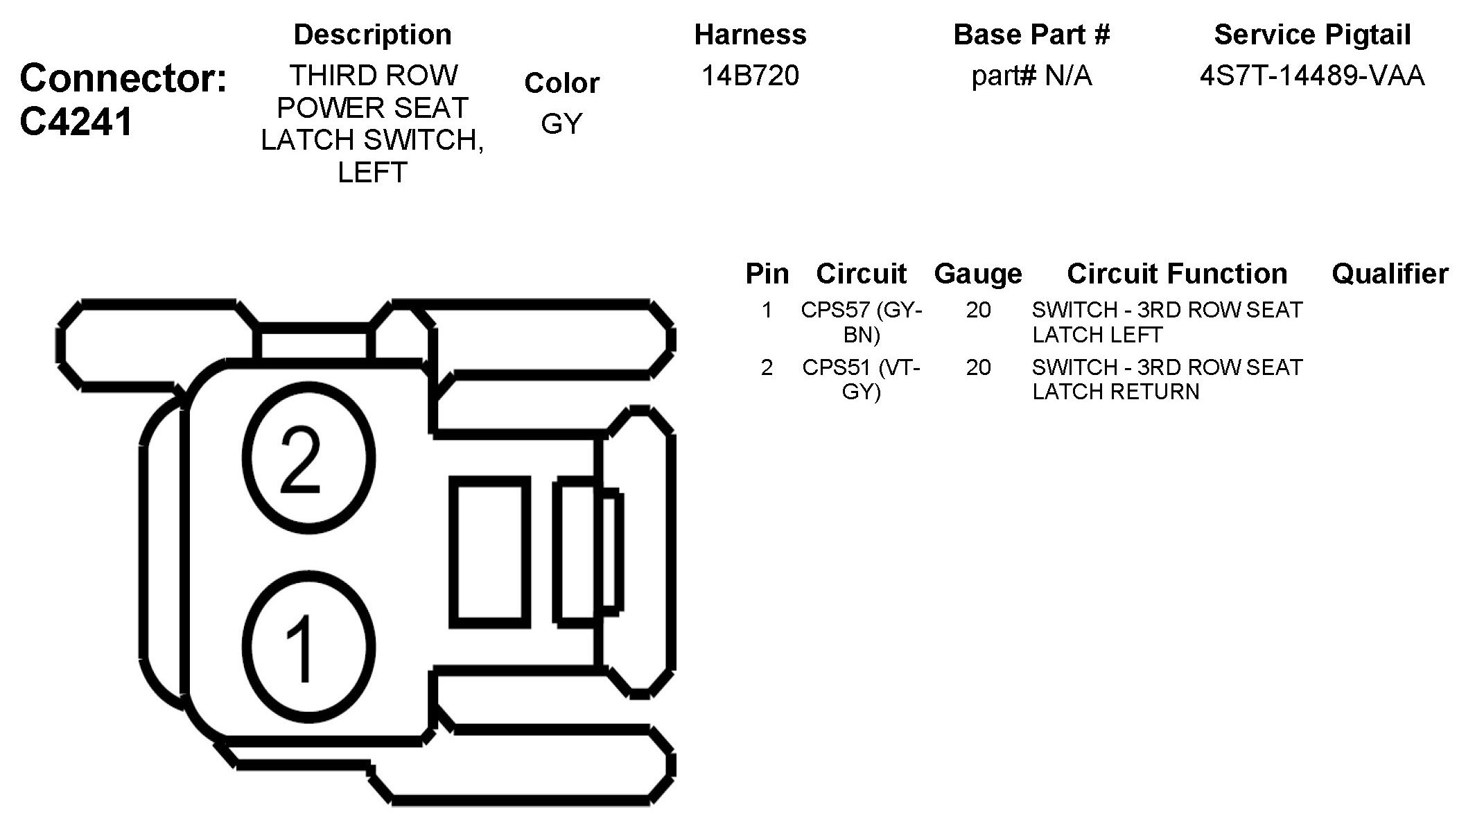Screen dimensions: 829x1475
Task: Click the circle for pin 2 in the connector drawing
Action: [x=308, y=459]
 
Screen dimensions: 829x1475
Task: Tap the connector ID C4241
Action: [x=76, y=123]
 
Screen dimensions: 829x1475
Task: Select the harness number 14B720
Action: [x=750, y=76]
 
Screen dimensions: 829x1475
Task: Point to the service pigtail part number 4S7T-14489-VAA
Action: [x=1312, y=76]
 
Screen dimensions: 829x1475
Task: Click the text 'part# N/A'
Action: [x=1031, y=76]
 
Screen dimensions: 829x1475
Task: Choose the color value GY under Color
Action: [x=561, y=123]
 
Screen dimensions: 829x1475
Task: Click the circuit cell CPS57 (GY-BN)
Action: [x=861, y=322]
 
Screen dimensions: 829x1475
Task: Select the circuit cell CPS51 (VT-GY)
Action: [x=861, y=379]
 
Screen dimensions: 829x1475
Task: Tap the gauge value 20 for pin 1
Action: [x=978, y=310]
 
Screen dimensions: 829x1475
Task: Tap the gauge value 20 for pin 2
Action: [x=978, y=367]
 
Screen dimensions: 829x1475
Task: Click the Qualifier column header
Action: [x=1390, y=274]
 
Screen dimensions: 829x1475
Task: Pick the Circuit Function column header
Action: [x=1177, y=274]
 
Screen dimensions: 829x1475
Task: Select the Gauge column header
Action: [x=978, y=274]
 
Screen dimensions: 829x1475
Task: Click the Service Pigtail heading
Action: [x=1312, y=35]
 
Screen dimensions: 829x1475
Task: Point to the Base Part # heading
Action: [x=1031, y=35]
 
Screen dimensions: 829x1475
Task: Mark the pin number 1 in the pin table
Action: [x=767, y=310]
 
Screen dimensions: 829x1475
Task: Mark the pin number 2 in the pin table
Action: [x=767, y=367]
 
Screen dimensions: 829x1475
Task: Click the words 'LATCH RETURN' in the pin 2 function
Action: [x=1115, y=392]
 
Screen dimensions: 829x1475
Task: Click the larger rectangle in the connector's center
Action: [x=489, y=552]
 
